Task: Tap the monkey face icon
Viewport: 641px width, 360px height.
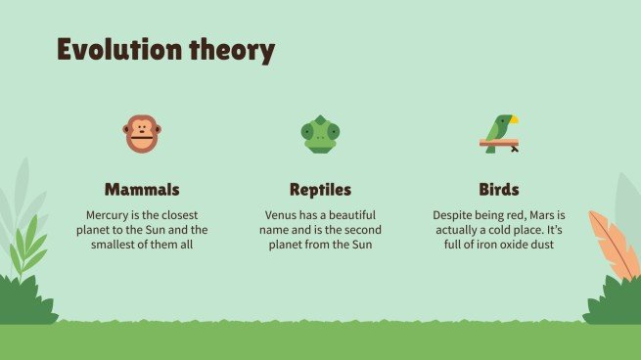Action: tap(142, 133)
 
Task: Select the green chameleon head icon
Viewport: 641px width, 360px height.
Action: tap(320, 134)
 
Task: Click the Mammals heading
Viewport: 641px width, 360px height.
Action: tap(142, 189)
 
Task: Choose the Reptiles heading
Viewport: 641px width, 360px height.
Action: tap(320, 189)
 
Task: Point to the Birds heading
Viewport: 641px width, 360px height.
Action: tap(498, 189)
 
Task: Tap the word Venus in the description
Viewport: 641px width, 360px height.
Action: tap(283, 214)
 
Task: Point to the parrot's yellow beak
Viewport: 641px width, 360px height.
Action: tap(513, 119)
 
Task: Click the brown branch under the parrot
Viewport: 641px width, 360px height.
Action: tap(499, 143)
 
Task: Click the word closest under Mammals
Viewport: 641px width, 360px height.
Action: tap(182, 214)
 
